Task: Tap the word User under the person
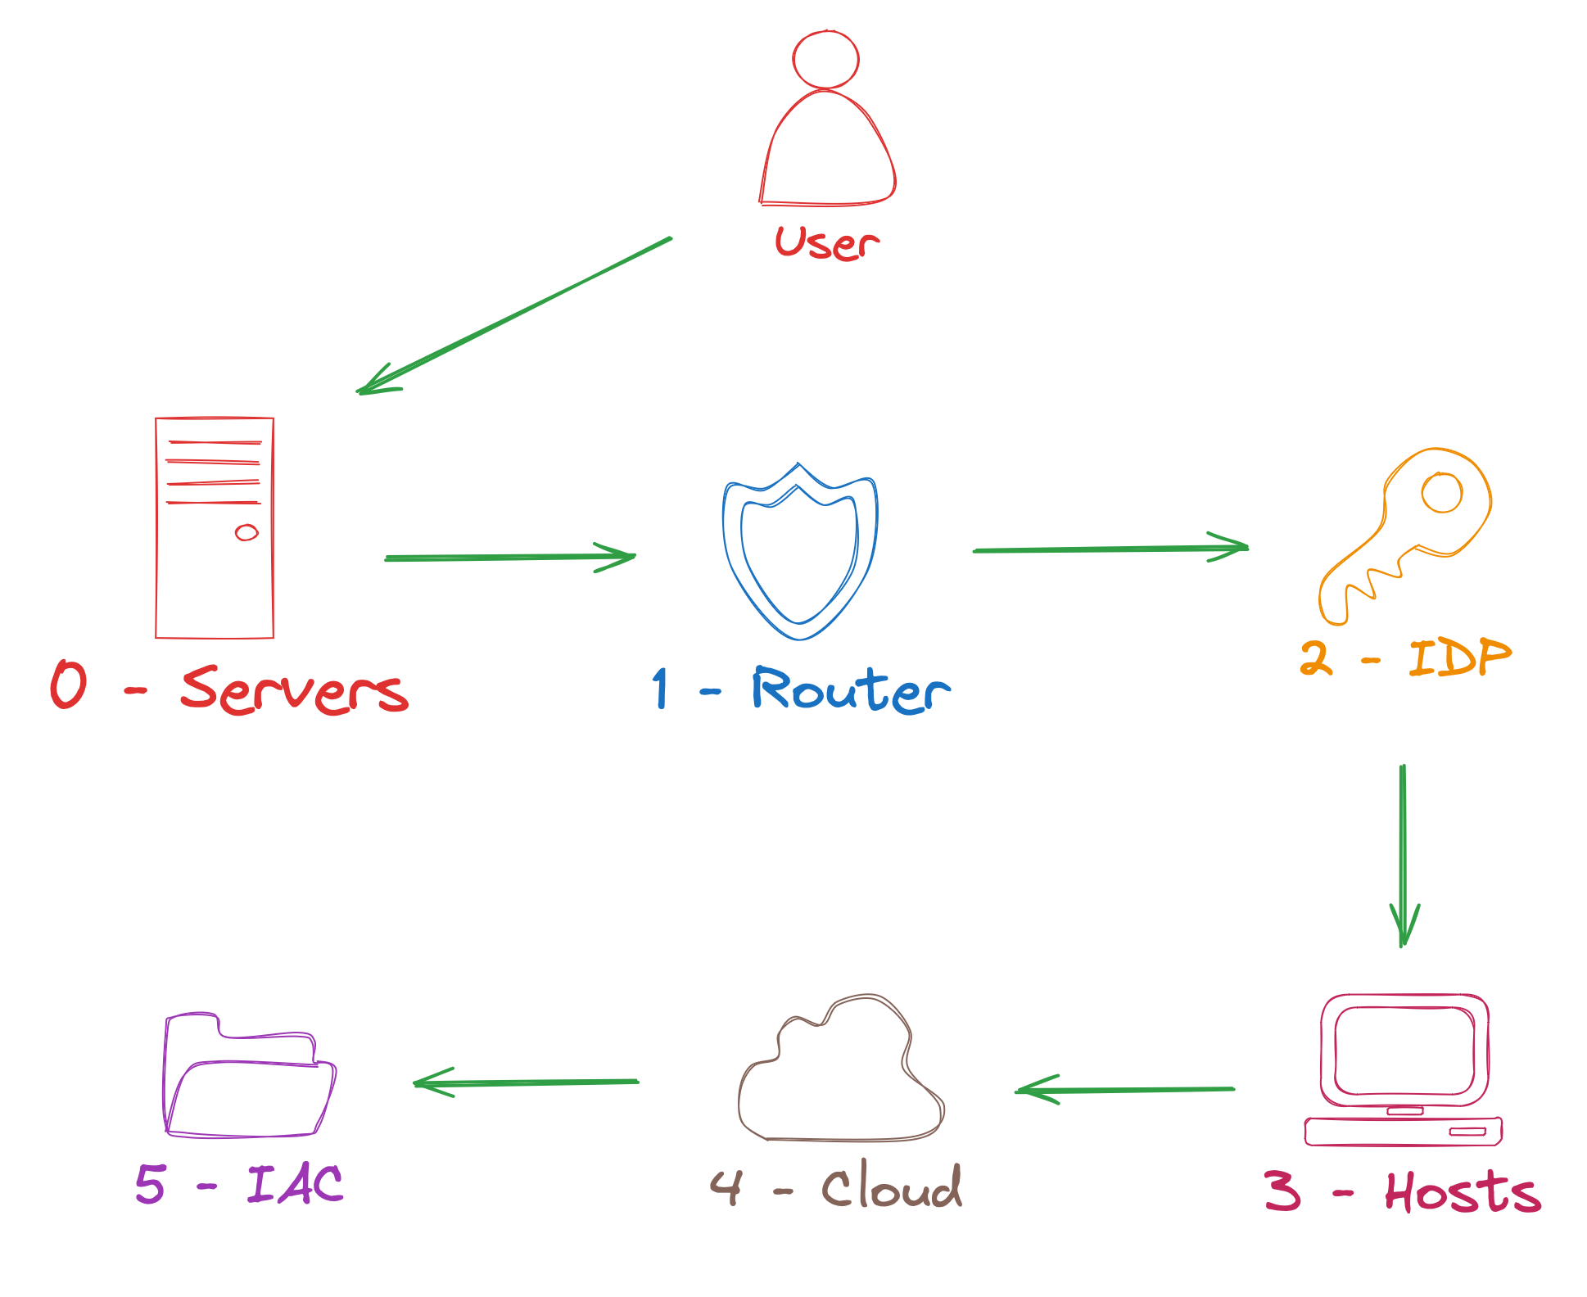tap(827, 243)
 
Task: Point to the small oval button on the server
tap(246, 533)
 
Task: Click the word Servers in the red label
tap(295, 689)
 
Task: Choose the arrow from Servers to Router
tap(509, 558)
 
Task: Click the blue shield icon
tap(799, 553)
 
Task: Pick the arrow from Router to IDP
tap(1110, 549)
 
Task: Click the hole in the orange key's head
tap(1442, 493)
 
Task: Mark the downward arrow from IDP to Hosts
tap(1403, 856)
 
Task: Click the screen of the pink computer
tap(1404, 1051)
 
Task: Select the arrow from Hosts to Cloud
tap(1126, 1090)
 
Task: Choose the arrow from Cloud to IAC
tap(527, 1082)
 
